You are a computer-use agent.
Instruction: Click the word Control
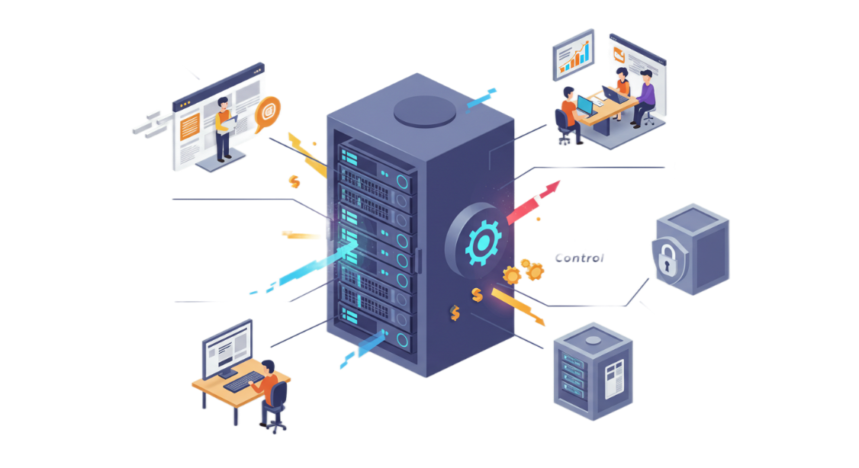pyautogui.click(x=579, y=258)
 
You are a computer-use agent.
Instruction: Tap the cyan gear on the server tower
pyautogui.click(x=483, y=242)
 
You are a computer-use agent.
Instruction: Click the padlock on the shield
pyautogui.click(x=667, y=258)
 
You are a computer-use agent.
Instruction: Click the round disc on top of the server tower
pyautogui.click(x=425, y=111)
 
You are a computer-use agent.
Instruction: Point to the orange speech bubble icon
pyautogui.click(x=267, y=114)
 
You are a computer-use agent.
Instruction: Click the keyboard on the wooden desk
pyautogui.click(x=244, y=381)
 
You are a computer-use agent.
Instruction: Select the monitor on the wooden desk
pyautogui.click(x=227, y=348)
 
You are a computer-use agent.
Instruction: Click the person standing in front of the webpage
pyautogui.click(x=224, y=129)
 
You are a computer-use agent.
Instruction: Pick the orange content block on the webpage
pyautogui.click(x=189, y=127)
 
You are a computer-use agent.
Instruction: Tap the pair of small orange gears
pyautogui.click(x=523, y=271)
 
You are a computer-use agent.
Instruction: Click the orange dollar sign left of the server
pyautogui.click(x=294, y=181)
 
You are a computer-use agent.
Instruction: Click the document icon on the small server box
pyautogui.click(x=613, y=379)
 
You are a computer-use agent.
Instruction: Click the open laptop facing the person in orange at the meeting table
pyautogui.click(x=586, y=106)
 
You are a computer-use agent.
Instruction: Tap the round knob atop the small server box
pyautogui.click(x=593, y=341)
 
